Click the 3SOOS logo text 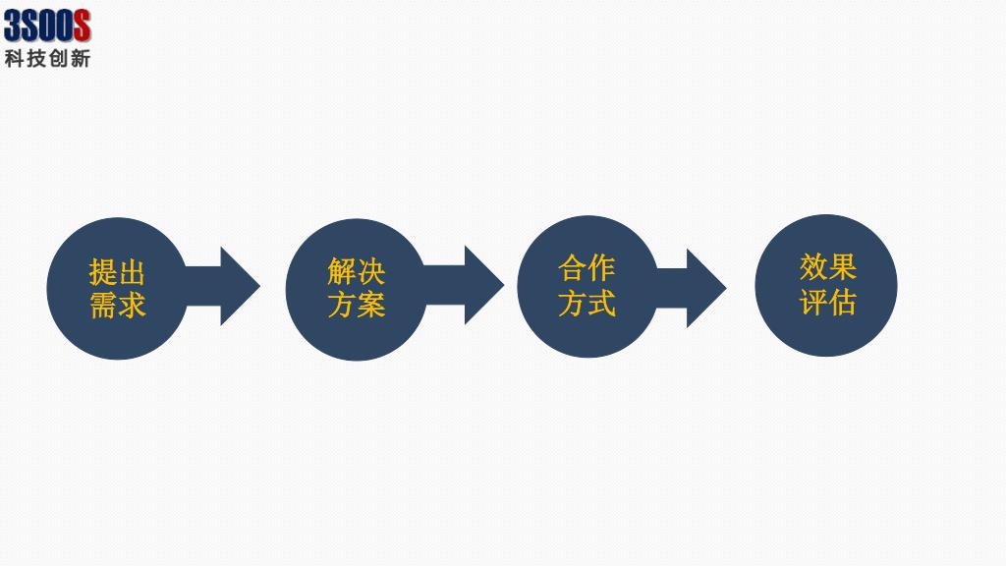pyautogui.click(x=47, y=25)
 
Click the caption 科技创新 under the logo pyautogui.click(x=47, y=58)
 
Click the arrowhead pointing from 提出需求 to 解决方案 pyautogui.click(x=238, y=286)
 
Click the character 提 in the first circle pyautogui.click(x=103, y=271)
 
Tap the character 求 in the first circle pyautogui.click(x=132, y=305)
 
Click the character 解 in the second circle pyautogui.click(x=342, y=271)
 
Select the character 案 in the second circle pyautogui.click(x=370, y=305)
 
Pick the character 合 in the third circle pyautogui.click(x=573, y=267)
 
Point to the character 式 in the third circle pyautogui.click(x=601, y=303)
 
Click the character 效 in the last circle pyautogui.click(x=812, y=266)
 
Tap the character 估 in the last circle pyautogui.click(x=841, y=302)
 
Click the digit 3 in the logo pyautogui.click(x=14, y=25)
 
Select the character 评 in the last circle pyautogui.click(x=812, y=302)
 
